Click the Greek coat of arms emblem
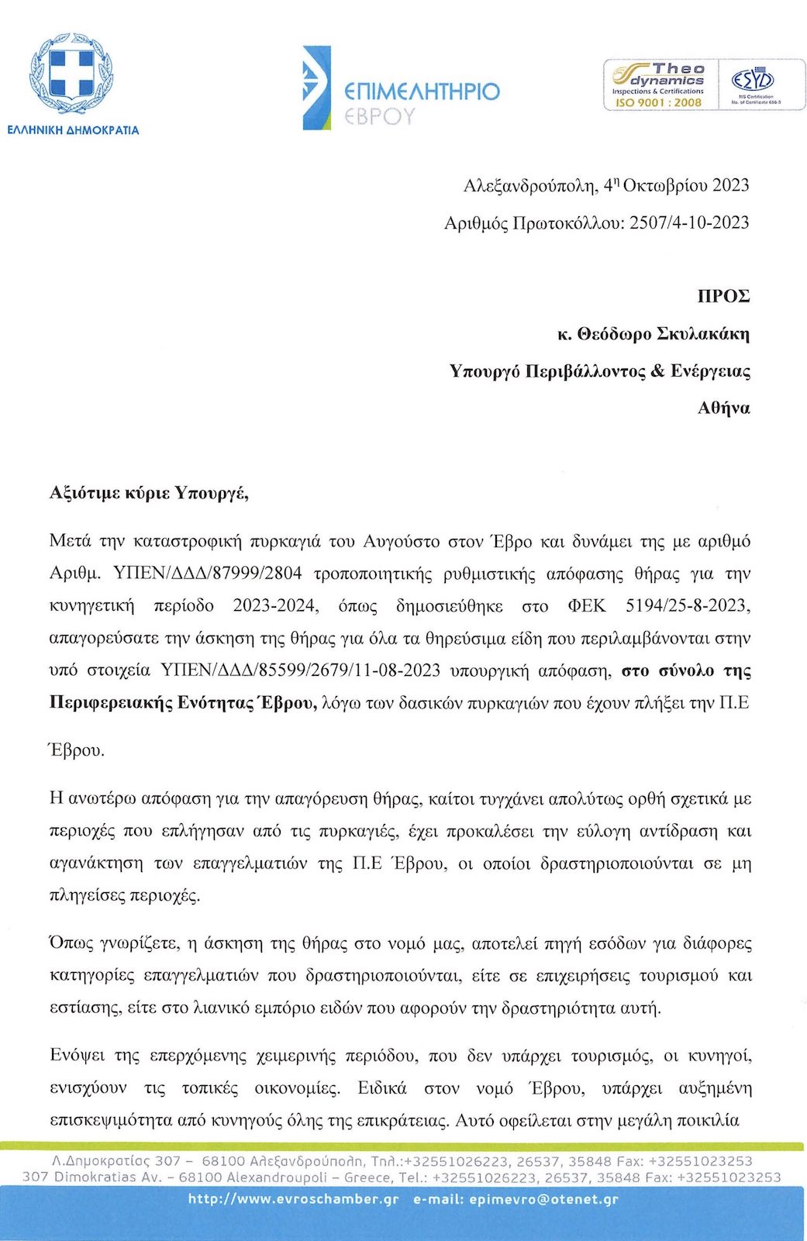72,75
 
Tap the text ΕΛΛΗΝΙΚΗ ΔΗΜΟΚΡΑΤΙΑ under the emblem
73,130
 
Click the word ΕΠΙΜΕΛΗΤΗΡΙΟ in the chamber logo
422,92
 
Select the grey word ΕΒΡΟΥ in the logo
380,116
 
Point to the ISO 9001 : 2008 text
658,102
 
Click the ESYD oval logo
753,80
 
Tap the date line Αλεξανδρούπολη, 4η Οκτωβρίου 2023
605,185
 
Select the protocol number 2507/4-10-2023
689,223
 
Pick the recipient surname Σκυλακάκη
703,334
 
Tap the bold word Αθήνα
724,408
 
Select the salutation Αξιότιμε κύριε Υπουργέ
149,493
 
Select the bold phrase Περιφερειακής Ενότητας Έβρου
183,703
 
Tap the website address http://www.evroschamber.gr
293,1199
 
